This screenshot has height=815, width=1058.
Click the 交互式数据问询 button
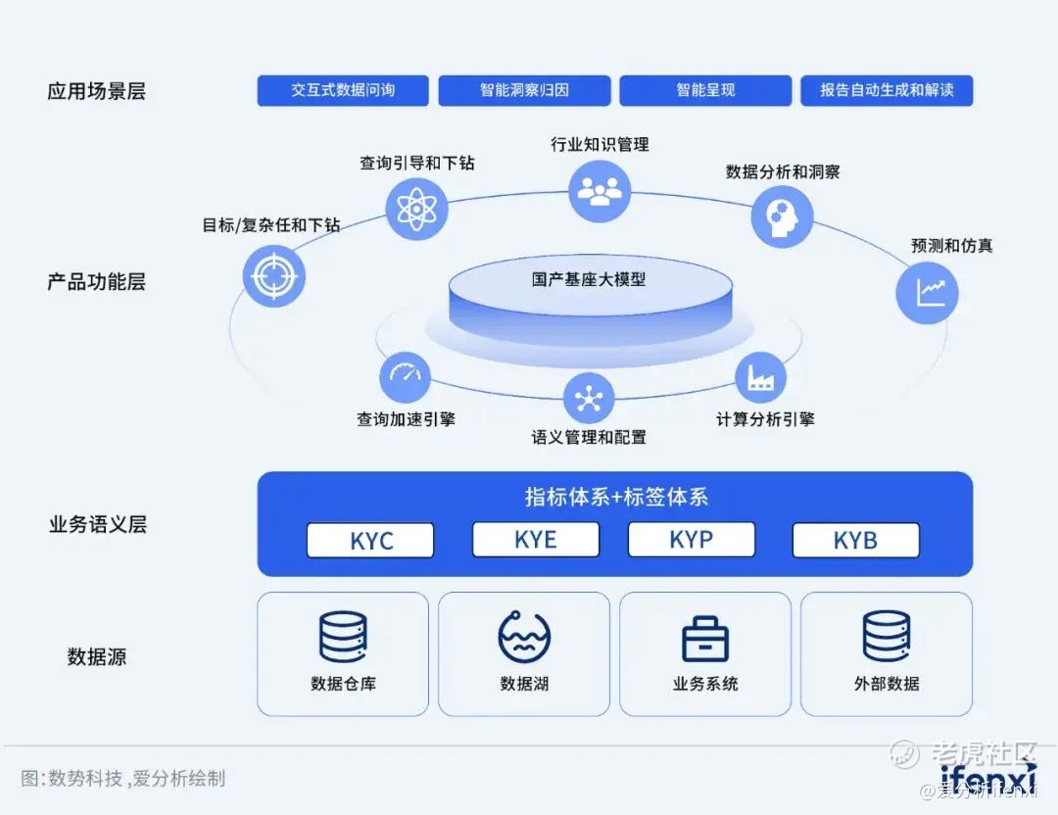(x=343, y=90)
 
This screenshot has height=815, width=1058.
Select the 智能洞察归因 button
(x=524, y=90)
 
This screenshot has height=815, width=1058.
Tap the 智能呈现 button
(x=705, y=90)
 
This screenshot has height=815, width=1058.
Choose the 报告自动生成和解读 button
(x=887, y=90)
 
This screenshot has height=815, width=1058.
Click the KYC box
(x=370, y=541)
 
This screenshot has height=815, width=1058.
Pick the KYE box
(x=535, y=540)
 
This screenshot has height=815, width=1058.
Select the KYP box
(x=691, y=540)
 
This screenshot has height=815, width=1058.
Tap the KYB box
(x=855, y=541)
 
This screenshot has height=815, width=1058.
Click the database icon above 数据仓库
(x=343, y=638)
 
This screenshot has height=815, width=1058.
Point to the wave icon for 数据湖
(x=524, y=637)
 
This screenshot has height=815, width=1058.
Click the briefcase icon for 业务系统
(x=705, y=639)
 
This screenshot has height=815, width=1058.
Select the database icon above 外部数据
(x=887, y=637)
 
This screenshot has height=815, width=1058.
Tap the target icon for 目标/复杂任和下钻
(x=274, y=276)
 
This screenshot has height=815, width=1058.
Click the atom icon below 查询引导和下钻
(x=416, y=209)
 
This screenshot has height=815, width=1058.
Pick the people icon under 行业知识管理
(x=600, y=189)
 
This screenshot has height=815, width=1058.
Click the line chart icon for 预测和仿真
(x=927, y=292)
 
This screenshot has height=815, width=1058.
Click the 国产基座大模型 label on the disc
(x=589, y=280)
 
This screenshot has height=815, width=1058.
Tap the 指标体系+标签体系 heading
(x=615, y=497)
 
